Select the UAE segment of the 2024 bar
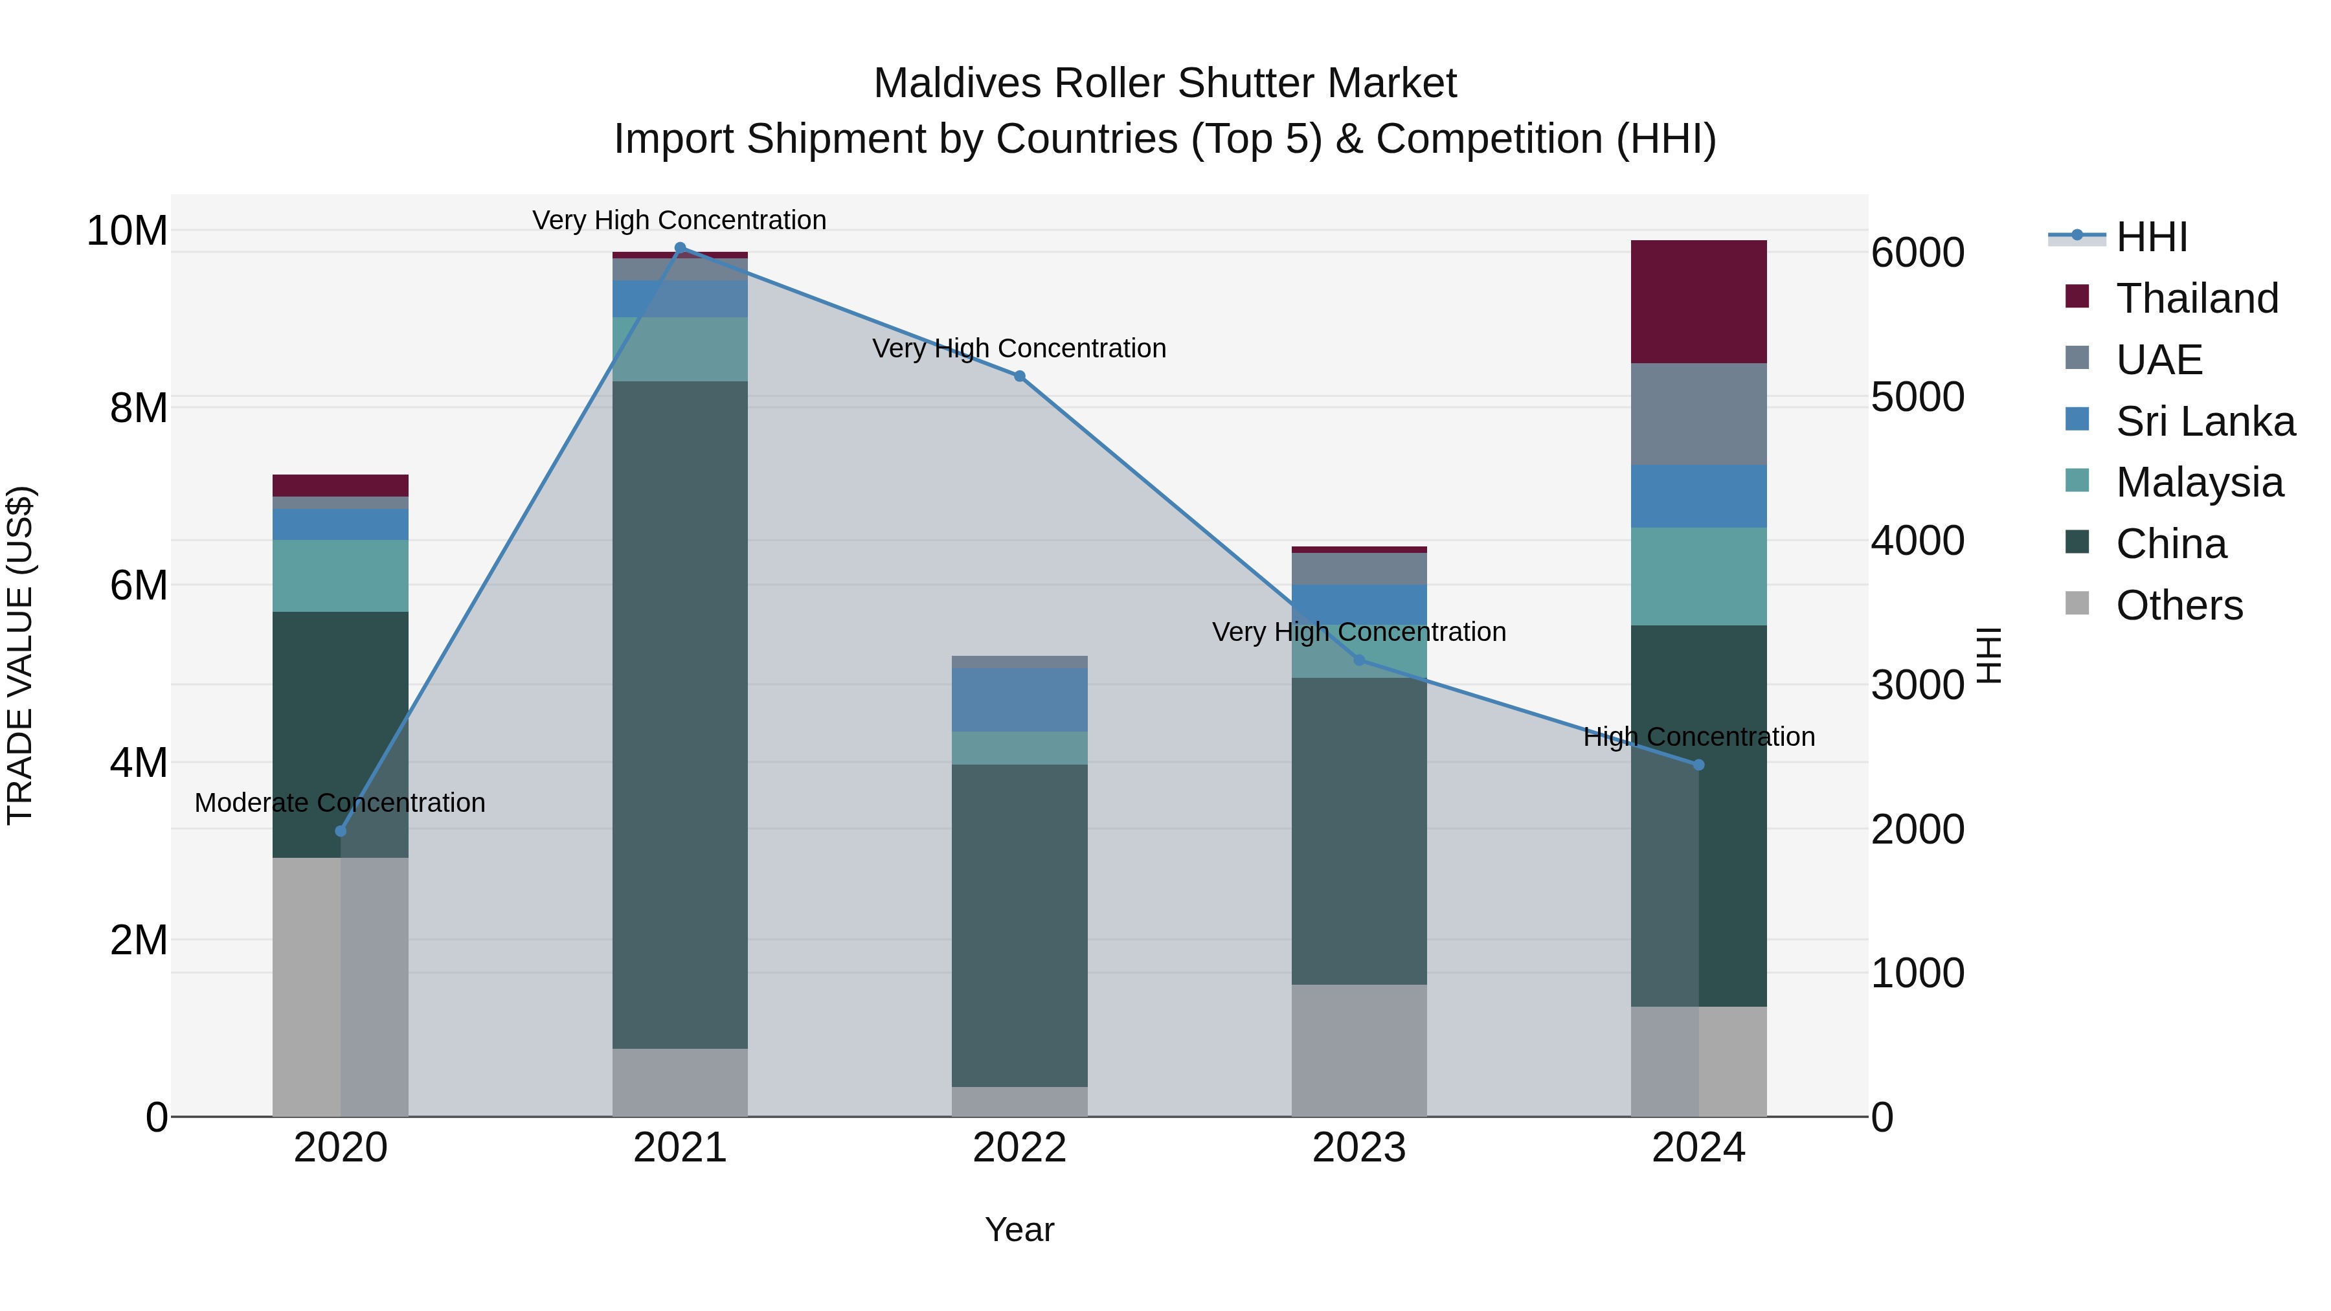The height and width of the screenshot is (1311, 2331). click(1698, 414)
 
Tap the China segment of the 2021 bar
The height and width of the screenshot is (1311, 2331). click(680, 714)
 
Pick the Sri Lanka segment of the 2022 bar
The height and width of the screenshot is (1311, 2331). click(1019, 699)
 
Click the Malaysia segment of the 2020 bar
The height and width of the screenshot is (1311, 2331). click(340, 576)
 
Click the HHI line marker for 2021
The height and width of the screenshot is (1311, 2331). click(680, 248)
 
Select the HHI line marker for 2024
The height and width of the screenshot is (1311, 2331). click(1698, 765)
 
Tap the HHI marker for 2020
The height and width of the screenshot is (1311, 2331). click(340, 831)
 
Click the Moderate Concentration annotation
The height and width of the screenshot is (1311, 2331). click(340, 803)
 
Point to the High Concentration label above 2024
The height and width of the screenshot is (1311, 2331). click(1698, 737)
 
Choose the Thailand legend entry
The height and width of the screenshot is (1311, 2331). click(2196, 298)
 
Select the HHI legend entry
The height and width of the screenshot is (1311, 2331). click(2151, 237)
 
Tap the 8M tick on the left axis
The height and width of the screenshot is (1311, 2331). click(139, 408)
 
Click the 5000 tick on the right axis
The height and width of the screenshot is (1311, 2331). click(1917, 398)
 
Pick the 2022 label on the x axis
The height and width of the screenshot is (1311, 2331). click(1019, 1148)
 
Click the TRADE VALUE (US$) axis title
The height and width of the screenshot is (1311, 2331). click(20, 655)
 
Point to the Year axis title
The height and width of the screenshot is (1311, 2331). click(1019, 1229)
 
